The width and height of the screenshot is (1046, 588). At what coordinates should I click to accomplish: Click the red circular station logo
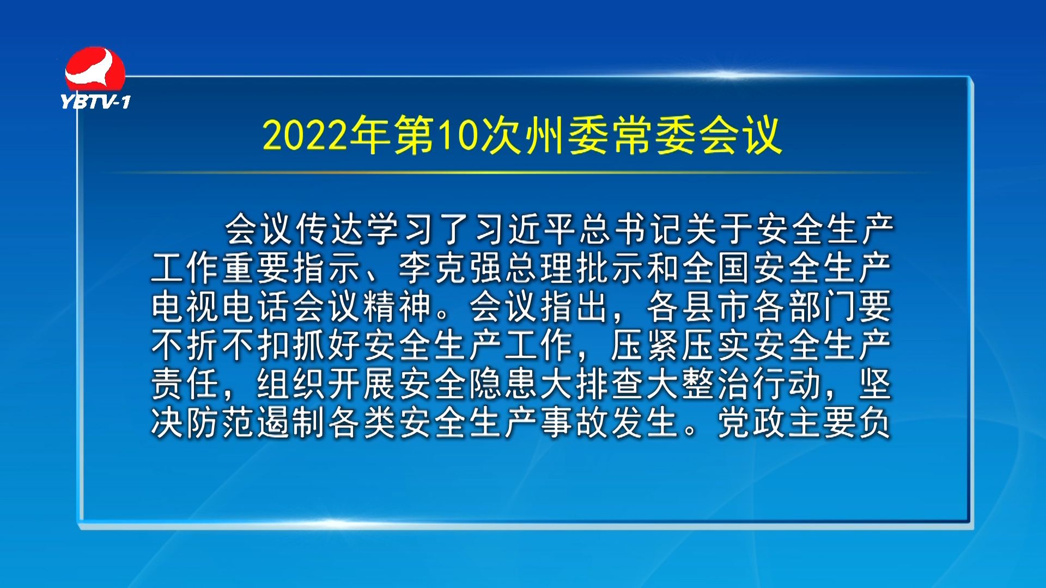[95, 69]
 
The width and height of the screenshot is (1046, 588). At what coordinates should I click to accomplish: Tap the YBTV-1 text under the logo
[96, 102]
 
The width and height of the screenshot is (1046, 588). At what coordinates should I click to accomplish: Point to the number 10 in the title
[458, 135]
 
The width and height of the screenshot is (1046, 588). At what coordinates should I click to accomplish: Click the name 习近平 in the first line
[527, 229]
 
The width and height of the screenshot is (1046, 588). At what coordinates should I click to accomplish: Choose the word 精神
[398, 307]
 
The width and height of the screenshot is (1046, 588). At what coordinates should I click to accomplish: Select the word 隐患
[504, 384]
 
